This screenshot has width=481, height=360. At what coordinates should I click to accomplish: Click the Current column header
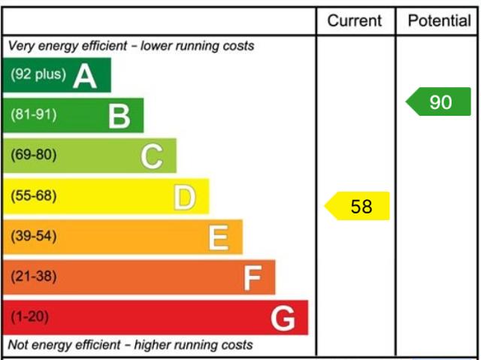[x=354, y=21]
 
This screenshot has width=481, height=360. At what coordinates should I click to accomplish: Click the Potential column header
[x=439, y=21]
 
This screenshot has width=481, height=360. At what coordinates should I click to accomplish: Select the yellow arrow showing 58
[x=357, y=206]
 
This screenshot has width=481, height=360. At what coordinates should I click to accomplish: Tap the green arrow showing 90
[x=438, y=101]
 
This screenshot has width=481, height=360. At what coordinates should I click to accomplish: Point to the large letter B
[x=119, y=116]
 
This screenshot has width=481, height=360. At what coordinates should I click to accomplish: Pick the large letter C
[x=152, y=156]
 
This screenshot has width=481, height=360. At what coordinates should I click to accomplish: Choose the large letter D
[x=185, y=198]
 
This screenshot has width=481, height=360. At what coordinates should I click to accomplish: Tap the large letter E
[x=219, y=237]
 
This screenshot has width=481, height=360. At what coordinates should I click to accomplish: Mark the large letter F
[x=253, y=278]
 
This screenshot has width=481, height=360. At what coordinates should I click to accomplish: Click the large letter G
[x=283, y=319]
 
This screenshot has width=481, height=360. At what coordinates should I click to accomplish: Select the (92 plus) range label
[x=38, y=74]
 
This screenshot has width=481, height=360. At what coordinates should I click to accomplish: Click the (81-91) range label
[x=34, y=114]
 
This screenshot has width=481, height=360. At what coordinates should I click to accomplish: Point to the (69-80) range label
[x=34, y=155]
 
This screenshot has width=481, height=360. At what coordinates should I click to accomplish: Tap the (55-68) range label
[x=34, y=195]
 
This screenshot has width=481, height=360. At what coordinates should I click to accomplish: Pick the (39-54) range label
[x=34, y=236]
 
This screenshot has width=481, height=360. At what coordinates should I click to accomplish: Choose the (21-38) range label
[x=34, y=277]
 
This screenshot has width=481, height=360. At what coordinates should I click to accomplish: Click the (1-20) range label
[x=30, y=316]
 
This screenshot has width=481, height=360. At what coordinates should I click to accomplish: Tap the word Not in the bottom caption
[x=18, y=345]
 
